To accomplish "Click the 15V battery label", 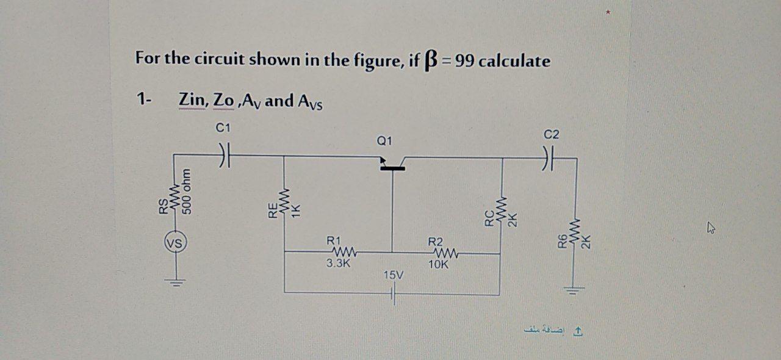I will click(393, 276).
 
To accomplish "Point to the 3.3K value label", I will click(338, 264).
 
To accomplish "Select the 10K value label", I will click(438, 265).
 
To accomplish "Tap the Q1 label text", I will click(384, 142).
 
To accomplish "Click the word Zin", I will click(192, 100).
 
